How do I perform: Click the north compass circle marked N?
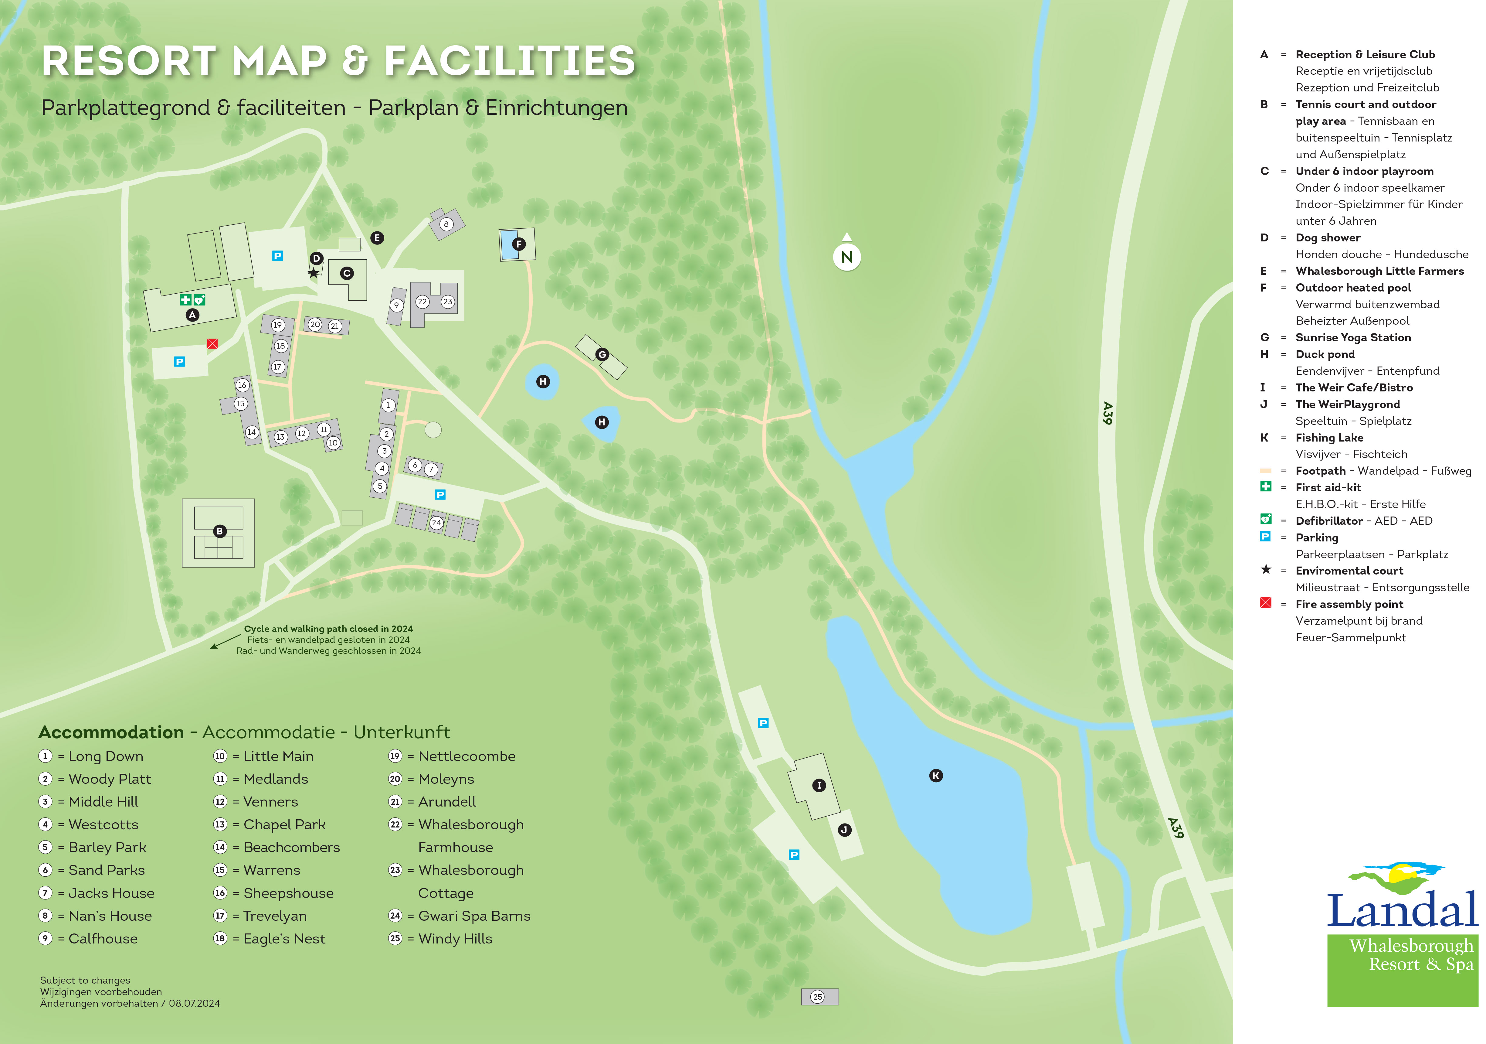[x=846, y=257]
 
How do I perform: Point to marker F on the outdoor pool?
[x=518, y=244]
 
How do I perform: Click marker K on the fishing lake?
[x=936, y=775]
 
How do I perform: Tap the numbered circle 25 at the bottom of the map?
[x=818, y=997]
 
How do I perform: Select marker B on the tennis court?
[x=219, y=531]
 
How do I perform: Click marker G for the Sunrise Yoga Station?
[x=602, y=354]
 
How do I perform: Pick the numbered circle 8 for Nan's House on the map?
[x=446, y=224]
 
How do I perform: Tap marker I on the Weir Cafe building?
[x=819, y=785]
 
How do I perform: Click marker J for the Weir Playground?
[x=844, y=830]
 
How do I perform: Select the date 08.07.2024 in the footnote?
[x=194, y=1003]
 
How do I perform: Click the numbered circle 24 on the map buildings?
[x=436, y=523]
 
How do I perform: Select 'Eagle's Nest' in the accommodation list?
[x=284, y=938]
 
